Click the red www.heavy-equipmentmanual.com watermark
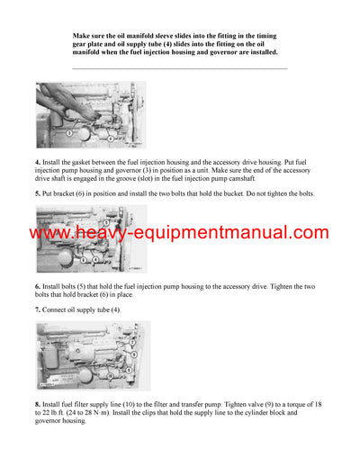click(180, 234)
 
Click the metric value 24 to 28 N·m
click(100, 413)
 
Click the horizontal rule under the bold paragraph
click(180, 68)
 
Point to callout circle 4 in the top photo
click(110, 139)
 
